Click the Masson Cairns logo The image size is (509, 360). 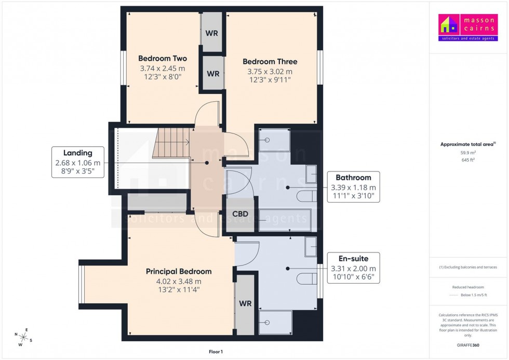468,28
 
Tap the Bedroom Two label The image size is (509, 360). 162,59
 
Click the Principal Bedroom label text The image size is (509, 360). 178,272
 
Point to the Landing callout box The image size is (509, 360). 78,162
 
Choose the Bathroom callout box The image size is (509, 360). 353,187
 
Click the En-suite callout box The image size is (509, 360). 353,268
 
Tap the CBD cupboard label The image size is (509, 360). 240,214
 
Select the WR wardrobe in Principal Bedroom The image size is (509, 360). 245,303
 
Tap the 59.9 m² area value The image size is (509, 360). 468,153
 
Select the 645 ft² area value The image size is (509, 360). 468,160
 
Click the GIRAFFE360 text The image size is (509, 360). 468,344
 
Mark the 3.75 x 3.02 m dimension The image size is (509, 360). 267,72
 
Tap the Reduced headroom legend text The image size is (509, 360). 468,287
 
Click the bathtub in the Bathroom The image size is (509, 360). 285,220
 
